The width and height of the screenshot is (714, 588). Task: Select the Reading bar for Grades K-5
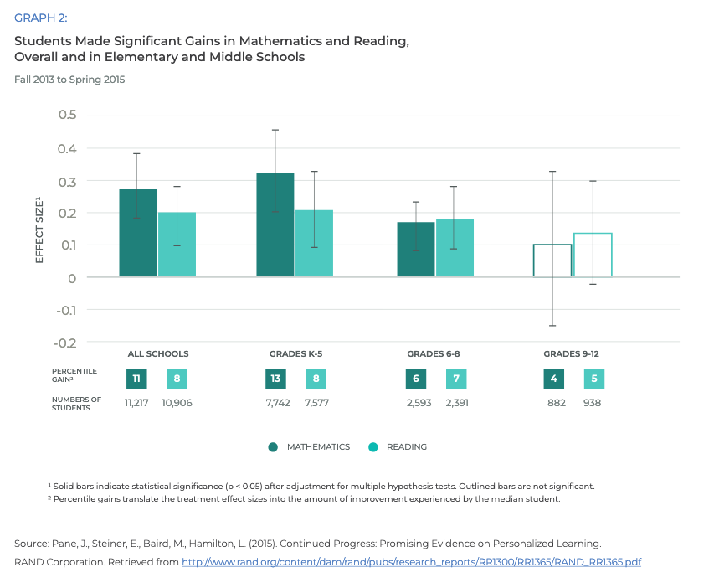click(x=314, y=243)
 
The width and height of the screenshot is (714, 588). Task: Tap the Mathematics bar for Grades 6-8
click(x=416, y=250)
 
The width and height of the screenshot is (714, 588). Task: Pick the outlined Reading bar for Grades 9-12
click(x=593, y=255)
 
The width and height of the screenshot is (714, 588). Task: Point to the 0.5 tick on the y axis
click(x=67, y=115)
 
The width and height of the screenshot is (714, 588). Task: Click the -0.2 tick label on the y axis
click(x=65, y=343)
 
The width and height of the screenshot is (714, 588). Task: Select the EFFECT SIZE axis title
click(x=39, y=230)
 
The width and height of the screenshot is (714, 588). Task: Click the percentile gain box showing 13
click(x=275, y=379)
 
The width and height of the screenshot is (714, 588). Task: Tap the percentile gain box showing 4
click(x=554, y=379)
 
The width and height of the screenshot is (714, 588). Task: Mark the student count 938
click(x=593, y=403)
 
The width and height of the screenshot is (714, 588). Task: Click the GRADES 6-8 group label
click(x=434, y=354)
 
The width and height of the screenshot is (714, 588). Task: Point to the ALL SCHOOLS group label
click(x=157, y=354)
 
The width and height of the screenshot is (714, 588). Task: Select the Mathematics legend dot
click(x=274, y=447)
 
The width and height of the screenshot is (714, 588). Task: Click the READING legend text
click(x=407, y=447)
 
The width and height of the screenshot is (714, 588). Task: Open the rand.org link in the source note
click(x=411, y=562)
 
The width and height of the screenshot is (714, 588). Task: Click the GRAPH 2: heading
click(x=40, y=18)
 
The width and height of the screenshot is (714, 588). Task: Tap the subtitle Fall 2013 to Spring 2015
click(x=69, y=80)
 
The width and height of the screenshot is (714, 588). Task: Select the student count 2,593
click(x=415, y=403)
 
